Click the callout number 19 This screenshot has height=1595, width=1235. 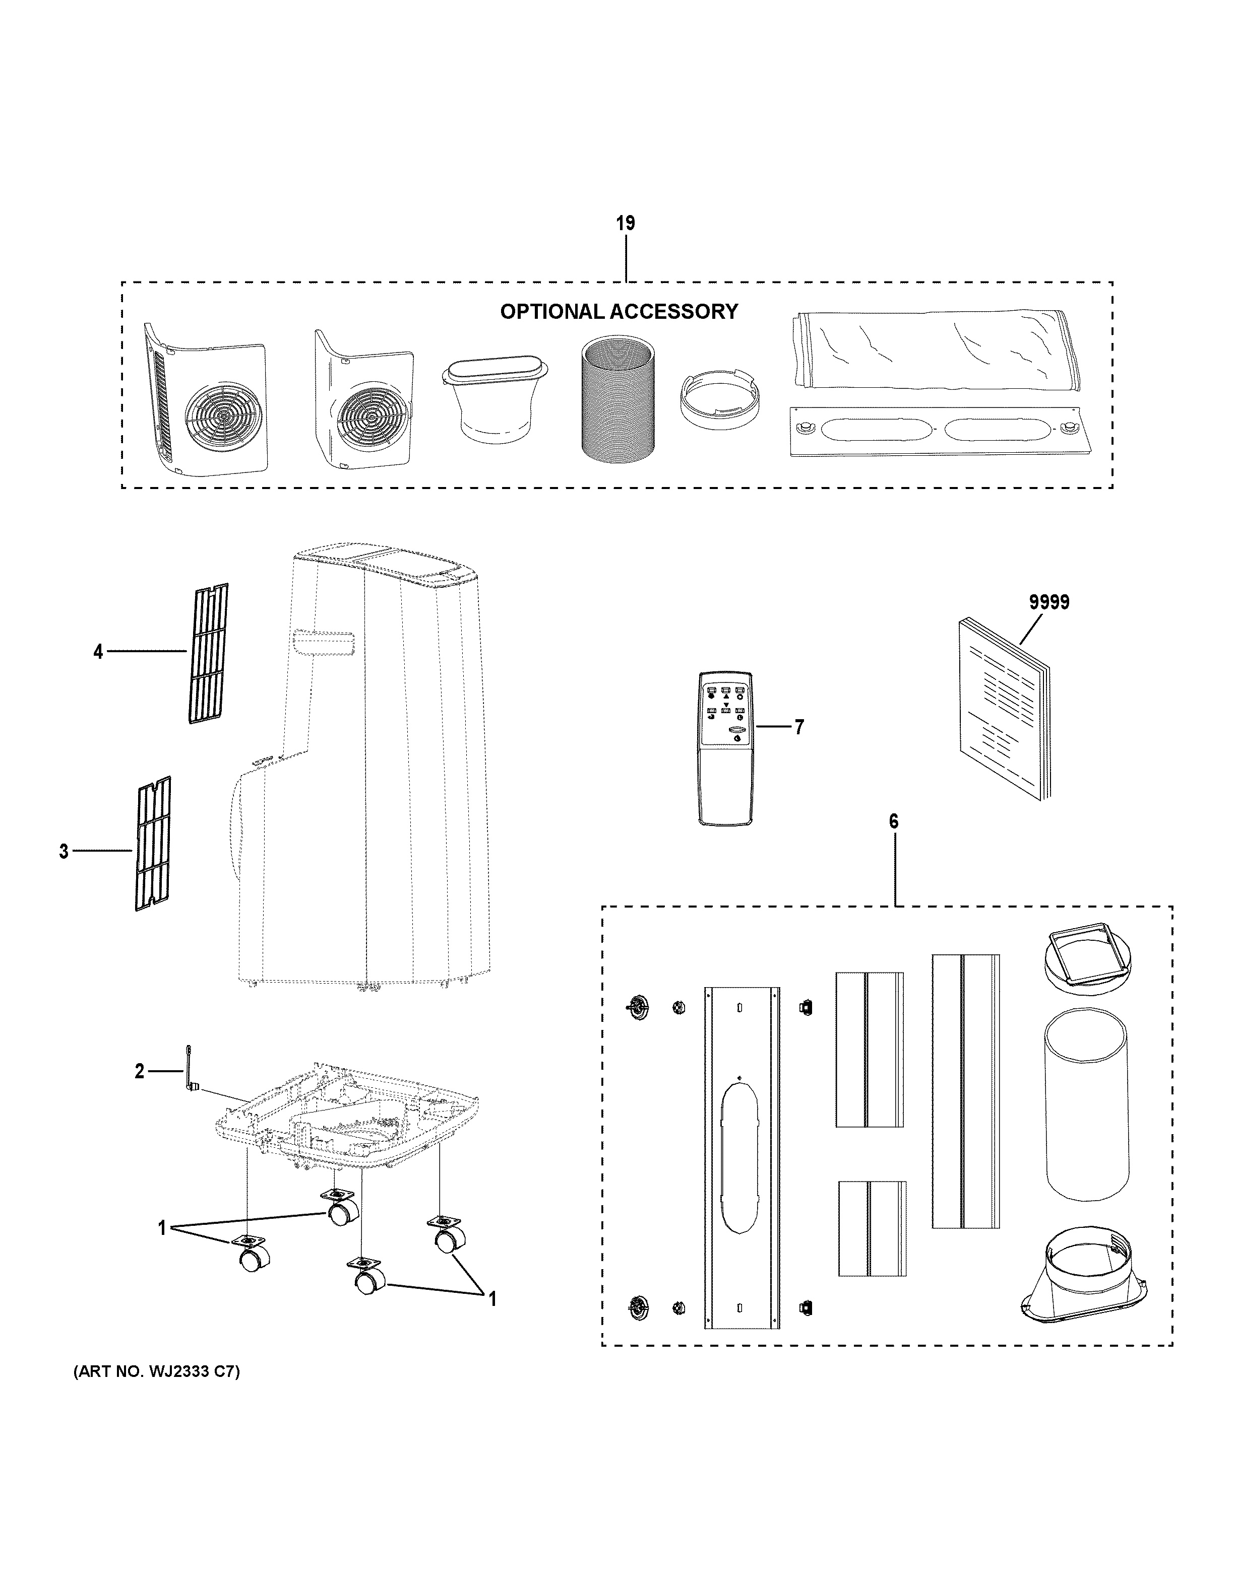coord(625,224)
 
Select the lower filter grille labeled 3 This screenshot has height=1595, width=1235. coord(152,843)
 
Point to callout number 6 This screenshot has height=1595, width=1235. coord(893,821)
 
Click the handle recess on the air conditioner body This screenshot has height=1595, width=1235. coord(322,644)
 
